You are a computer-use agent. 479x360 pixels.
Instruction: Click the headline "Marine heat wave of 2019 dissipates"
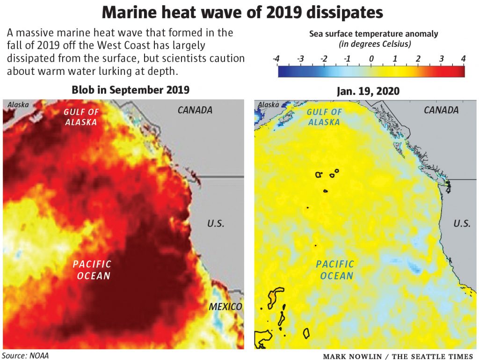click(239, 12)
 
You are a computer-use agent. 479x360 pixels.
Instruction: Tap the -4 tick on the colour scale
click(276, 59)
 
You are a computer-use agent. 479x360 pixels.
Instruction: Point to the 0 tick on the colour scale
click(371, 59)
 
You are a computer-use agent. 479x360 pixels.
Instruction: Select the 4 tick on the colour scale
click(463, 59)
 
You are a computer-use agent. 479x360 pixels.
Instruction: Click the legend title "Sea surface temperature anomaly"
click(374, 34)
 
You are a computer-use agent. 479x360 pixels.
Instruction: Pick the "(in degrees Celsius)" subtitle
click(374, 44)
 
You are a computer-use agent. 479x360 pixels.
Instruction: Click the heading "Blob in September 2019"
click(130, 90)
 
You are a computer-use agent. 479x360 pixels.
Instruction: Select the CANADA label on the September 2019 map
click(195, 110)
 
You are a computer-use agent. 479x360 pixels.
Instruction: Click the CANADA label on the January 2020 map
click(441, 110)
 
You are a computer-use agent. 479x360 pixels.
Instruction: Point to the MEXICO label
click(225, 307)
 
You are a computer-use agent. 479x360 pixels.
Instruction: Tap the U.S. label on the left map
click(216, 223)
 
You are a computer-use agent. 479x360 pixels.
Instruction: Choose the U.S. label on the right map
click(462, 223)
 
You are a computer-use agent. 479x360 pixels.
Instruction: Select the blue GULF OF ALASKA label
click(324, 117)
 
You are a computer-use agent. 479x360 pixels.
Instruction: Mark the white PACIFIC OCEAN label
click(92, 270)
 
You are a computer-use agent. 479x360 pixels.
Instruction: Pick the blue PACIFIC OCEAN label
click(335, 270)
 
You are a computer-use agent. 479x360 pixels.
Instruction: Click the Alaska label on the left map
click(17, 105)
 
